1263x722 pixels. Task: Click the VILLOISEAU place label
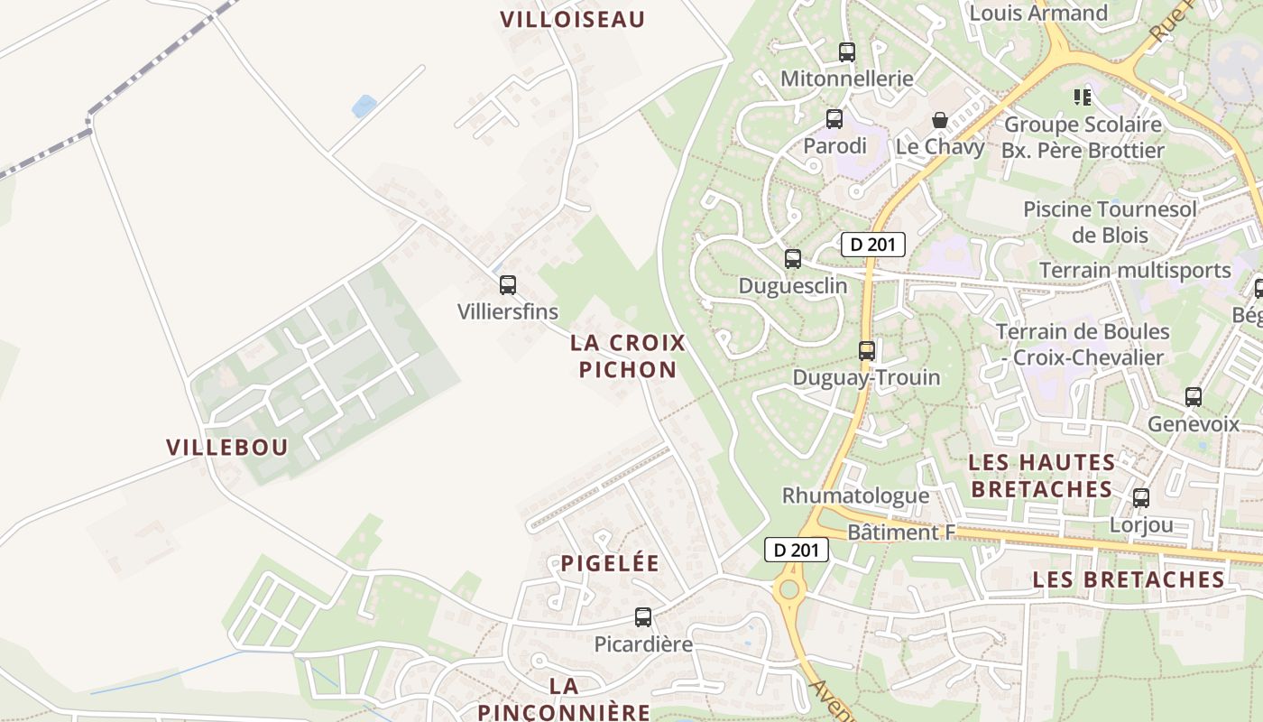point(573,19)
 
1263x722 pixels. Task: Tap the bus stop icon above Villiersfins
point(508,285)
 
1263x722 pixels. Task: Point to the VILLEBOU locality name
point(227,447)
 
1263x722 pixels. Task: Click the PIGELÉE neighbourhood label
point(610,563)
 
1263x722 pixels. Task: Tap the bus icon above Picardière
point(643,617)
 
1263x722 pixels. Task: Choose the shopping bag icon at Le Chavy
point(940,120)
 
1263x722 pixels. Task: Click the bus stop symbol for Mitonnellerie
point(846,52)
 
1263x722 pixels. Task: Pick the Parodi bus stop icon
point(834,119)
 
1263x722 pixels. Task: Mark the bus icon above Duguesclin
point(793,259)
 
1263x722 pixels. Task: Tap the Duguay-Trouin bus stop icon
point(867,350)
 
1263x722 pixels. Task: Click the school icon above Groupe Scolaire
point(1083,97)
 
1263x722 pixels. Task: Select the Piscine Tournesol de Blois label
point(1110,222)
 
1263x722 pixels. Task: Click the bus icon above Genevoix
point(1194,396)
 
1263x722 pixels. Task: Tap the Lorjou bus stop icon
point(1141,497)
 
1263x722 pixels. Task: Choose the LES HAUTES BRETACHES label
point(1041,476)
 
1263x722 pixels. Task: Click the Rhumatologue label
point(855,495)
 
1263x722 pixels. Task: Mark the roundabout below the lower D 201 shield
point(789,590)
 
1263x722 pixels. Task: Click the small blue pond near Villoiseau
point(364,106)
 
